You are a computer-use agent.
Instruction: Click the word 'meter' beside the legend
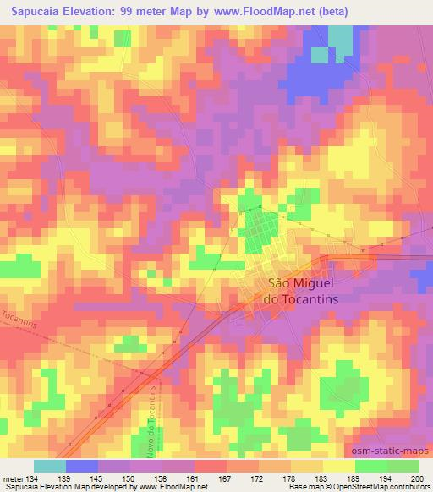12,478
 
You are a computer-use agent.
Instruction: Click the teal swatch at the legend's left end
49,466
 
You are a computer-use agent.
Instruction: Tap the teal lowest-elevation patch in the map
340,38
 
